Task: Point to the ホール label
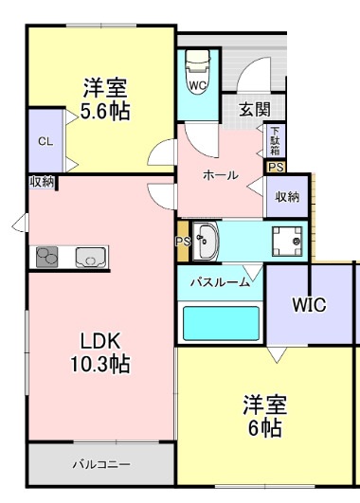(x=220, y=175)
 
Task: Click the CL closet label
(x=45, y=141)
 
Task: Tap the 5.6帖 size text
(x=105, y=110)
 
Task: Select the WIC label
(x=309, y=306)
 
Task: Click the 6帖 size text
(x=265, y=428)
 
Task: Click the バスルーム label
(x=220, y=281)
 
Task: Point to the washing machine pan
(x=286, y=241)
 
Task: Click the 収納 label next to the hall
(x=288, y=197)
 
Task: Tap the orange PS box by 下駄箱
(x=276, y=167)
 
